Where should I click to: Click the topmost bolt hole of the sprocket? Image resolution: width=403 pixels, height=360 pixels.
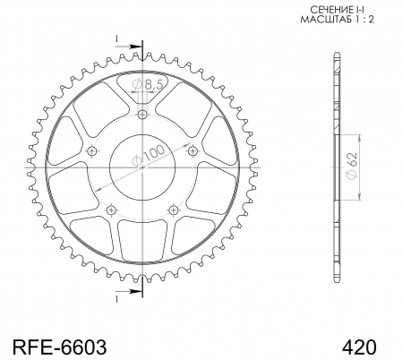coord(143,115)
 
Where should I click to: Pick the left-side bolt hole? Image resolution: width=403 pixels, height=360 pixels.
coord(90,153)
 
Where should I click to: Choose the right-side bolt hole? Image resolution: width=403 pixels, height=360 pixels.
coord(196,153)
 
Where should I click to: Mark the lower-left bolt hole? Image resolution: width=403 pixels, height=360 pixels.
coord(110,210)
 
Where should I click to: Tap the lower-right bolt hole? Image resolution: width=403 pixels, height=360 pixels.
coord(176,210)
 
